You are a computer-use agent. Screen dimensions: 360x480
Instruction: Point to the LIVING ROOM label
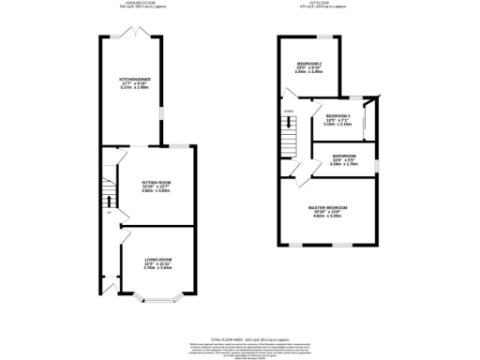[x=157, y=259]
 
